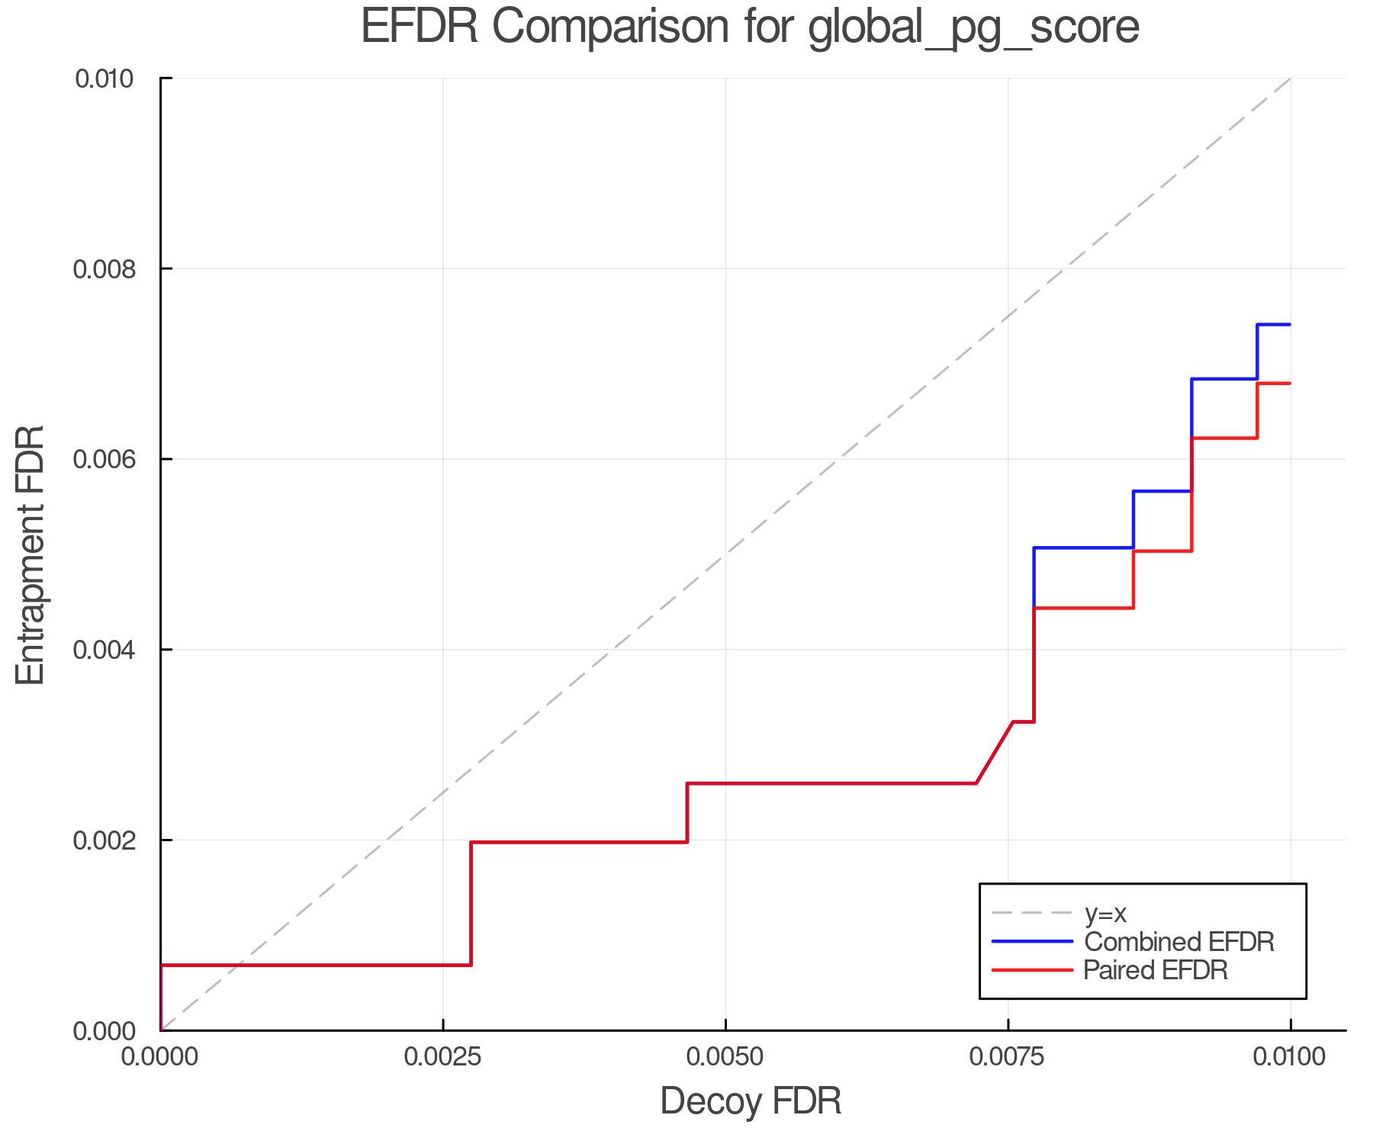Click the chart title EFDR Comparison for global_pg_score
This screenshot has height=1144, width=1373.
tap(750, 27)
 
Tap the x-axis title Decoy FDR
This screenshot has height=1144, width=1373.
tap(750, 1101)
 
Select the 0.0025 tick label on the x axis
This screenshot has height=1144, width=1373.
tap(443, 1057)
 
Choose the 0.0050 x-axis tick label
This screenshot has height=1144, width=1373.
tap(725, 1057)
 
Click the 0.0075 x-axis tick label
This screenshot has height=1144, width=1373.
tap(1008, 1057)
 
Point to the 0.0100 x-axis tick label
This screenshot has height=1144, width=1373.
tap(1290, 1057)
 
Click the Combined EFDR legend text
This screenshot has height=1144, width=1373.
tap(1178, 942)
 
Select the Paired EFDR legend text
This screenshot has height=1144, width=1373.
tap(1156, 970)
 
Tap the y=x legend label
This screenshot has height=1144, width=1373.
tap(1105, 913)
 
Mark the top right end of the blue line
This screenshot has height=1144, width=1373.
tap(1290, 325)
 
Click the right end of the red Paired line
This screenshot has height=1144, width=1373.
tap(1290, 384)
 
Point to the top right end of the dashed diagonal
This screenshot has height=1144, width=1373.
tap(1290, 79)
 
